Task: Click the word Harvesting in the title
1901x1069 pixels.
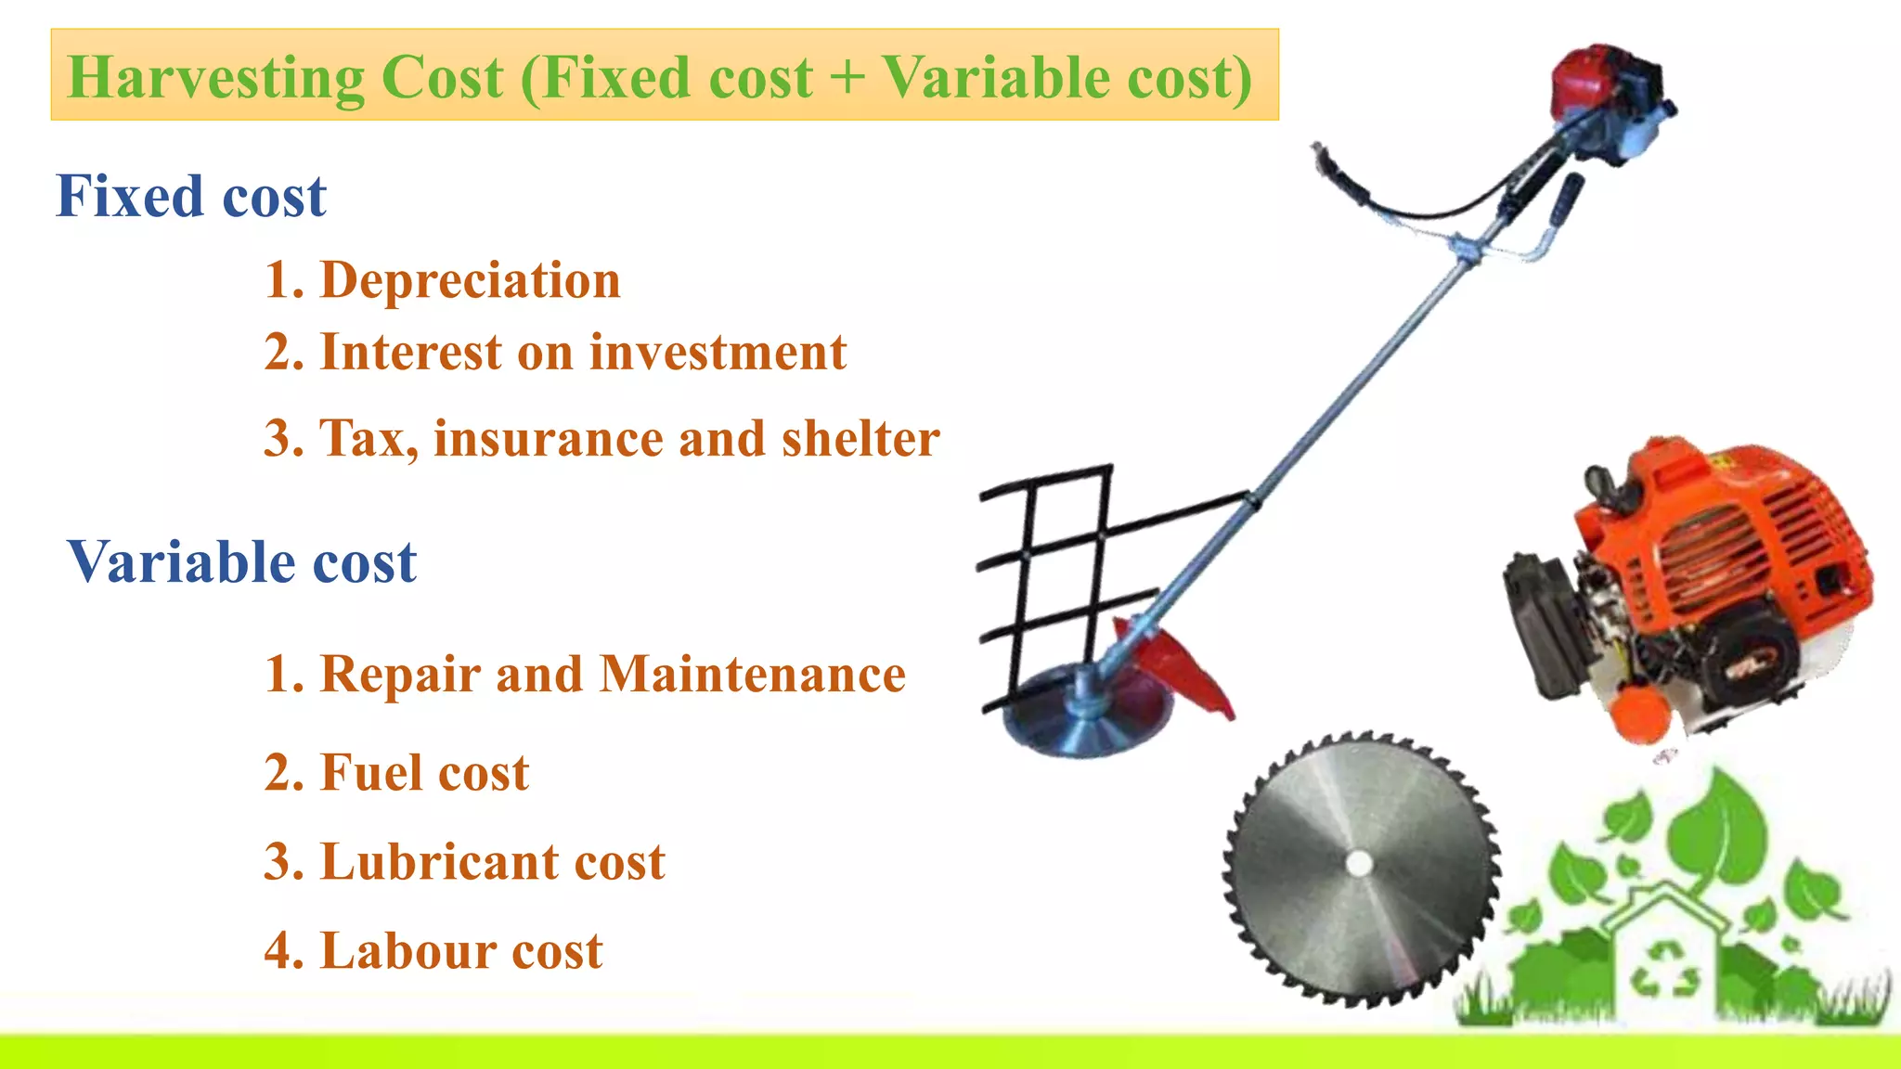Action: click(215, 78)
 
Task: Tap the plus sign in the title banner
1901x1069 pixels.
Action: click(847, 78)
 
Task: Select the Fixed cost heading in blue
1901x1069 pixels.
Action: click(190, 197)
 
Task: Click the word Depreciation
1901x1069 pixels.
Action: click(470, 280)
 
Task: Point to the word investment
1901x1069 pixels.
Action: click(718, 353)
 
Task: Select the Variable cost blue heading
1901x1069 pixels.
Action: click(241, 562)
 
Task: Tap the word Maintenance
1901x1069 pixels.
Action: click(752, 675)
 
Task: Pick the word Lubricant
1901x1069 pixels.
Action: click(438, 862)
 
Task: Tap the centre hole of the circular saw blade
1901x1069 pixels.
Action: click(1360, 864)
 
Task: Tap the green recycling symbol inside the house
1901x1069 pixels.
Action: click(1667, 970)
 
